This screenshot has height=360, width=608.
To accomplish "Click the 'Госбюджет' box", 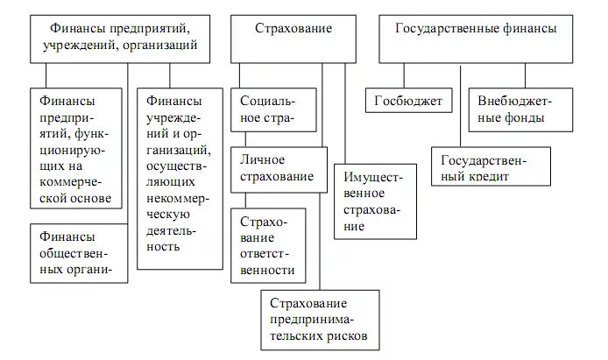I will pos(409,102).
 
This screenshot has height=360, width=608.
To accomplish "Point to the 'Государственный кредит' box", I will pos(491,166).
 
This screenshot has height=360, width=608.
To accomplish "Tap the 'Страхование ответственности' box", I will pos(269,246).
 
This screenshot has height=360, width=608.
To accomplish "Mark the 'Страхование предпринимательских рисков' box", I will pos(320,320).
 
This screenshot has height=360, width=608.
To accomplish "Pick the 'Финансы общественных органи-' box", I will pos(79,252).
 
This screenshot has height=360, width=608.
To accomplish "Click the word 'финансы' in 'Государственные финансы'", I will pos(527,29).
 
